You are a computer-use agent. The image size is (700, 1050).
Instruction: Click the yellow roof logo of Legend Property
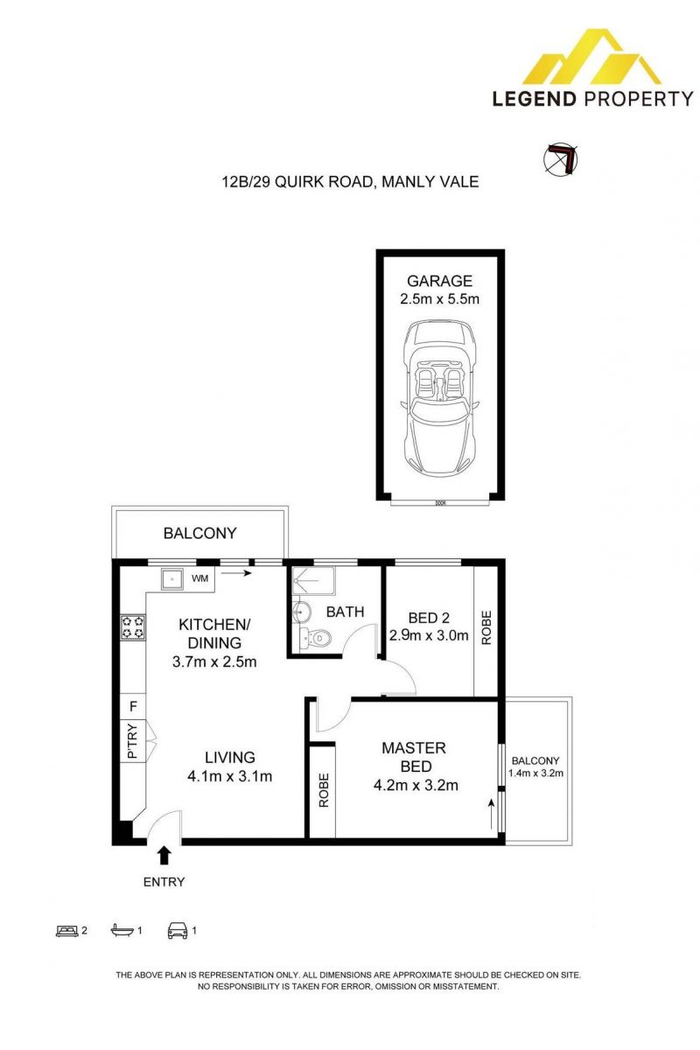point(591,57)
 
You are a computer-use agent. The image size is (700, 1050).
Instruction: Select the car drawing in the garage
point(439,398)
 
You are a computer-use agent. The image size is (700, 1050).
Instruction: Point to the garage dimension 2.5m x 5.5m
point(439,299)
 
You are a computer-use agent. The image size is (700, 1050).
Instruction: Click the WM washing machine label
point(199,578)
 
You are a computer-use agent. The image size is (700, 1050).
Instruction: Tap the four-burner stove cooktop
point(133,627)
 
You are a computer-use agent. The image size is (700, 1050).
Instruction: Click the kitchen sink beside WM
point(172,579)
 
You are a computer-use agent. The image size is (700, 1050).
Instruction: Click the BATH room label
point(345,612)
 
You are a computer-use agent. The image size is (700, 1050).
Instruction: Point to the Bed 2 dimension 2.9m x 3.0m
point(429,635)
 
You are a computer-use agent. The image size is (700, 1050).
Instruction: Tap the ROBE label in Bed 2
point(486,627)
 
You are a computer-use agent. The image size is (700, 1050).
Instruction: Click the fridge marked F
point(134,706)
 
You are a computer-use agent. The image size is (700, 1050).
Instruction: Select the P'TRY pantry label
point(133,741)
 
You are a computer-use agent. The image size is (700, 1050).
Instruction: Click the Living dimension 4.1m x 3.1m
point(230,776)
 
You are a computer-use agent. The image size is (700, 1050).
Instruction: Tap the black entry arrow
point(164,855)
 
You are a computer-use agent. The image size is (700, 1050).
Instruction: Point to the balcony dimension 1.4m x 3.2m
point(535,773)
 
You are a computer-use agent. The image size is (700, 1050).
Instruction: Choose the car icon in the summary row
point(178,930)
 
